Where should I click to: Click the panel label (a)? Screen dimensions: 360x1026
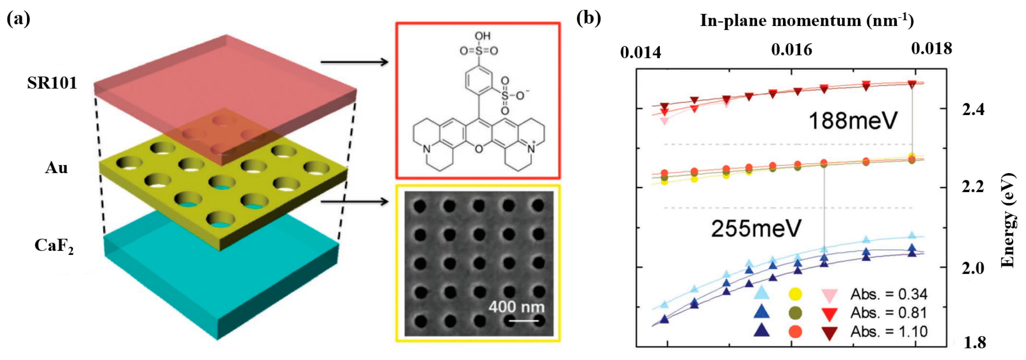(x=18, y=19)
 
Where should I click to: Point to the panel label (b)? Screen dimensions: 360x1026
(x=589, y=19)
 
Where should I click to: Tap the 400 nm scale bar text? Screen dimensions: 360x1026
(x=516, y=307)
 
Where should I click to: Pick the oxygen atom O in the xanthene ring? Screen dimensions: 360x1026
(x=479, y=149)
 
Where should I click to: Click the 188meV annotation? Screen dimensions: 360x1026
(x=853, y=120)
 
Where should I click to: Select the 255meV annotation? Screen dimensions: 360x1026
(x=756, y=229)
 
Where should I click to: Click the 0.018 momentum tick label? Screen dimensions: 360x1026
(x=931, y=49)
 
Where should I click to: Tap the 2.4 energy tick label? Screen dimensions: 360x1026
(x=973, y=109)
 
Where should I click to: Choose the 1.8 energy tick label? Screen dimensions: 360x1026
(x=975, y=342)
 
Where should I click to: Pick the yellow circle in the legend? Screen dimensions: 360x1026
(x=795, y=294)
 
